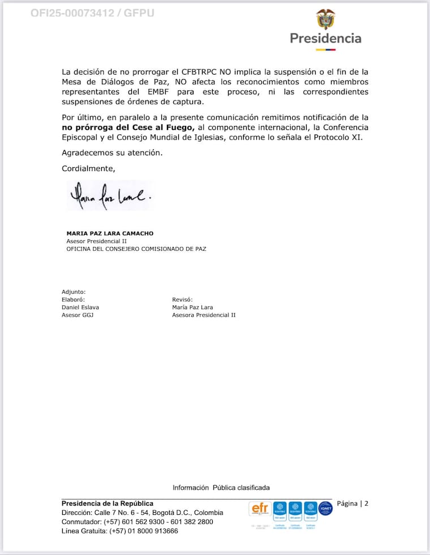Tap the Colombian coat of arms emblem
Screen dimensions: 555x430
click(325, 19)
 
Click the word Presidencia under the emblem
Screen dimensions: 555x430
click(325, 38)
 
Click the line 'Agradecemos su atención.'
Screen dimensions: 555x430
click(104, 153)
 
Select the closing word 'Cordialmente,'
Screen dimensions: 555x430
click(88, 168)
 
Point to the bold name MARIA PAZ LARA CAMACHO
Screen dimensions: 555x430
click(110, 233)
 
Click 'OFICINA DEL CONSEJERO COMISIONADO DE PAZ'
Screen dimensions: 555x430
click(136, 248)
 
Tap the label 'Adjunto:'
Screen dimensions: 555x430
click(74, 292)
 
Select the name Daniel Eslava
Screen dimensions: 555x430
click(80, 307)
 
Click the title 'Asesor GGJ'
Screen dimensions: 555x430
click(78, 315)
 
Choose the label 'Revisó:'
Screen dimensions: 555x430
click(182, 300)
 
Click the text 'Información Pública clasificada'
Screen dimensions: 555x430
click(221, 487)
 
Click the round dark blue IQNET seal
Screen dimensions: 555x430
click(325, 509)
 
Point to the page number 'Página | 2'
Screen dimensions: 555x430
click(352, 504)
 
